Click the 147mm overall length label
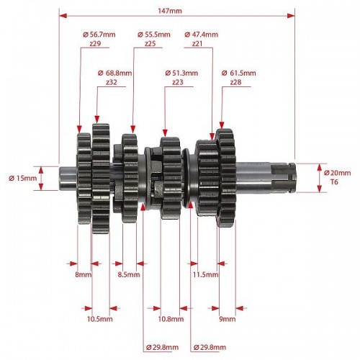[x=170, y=11]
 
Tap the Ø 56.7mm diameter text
[x=99, y=35]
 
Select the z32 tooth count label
[x=112, y=82]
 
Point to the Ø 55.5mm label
[x=154, y=35]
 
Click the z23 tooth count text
[x=178, y=82]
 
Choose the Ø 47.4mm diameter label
[x=202, y=35]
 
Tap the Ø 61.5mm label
[x=238, y=73]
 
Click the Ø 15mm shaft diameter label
[x=23, y=179]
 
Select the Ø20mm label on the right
[x=337, y=173]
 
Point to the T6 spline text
[x=334, y=182]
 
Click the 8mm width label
[x=84, y=274]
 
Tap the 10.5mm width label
[x=99, y=319]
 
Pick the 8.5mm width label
[x=129, y=274]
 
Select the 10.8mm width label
[x=171, y=319]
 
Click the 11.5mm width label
[x=206, y=274]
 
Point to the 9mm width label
[x=228, y=319]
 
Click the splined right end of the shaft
[x=283, y=178]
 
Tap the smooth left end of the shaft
[x=68, y=179]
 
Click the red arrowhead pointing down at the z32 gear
[x=97, y=119]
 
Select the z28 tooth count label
[x=235, y=82]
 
